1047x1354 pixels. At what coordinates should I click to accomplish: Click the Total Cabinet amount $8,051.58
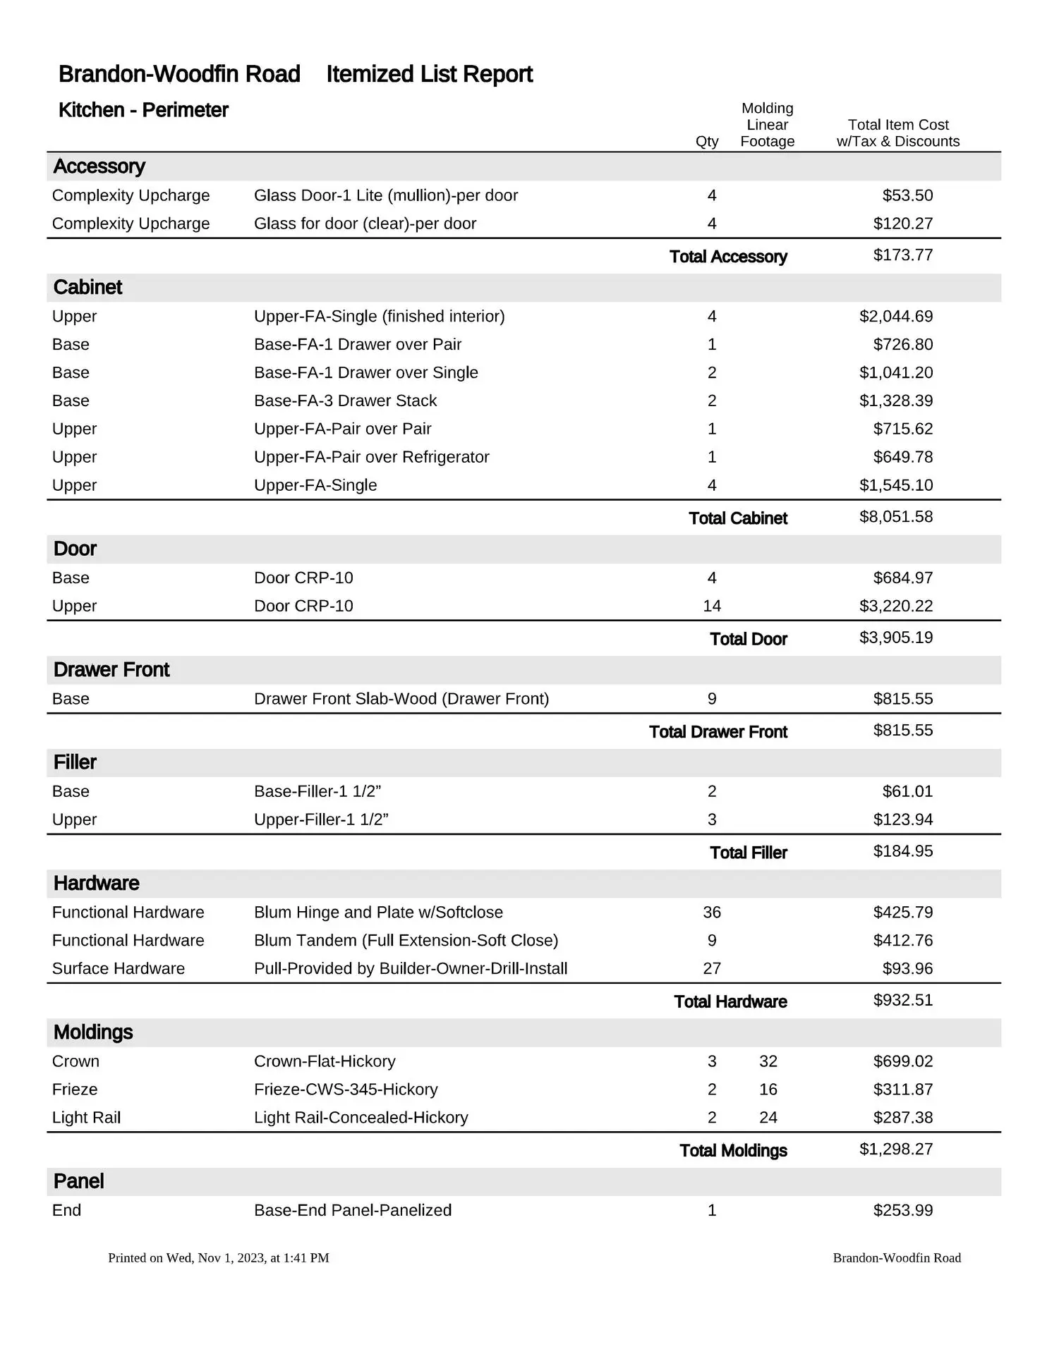895,517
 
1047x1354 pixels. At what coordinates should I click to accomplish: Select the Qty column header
707,141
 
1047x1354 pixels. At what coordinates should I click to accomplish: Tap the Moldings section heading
93,1032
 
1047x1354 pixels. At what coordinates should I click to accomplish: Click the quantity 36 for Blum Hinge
712,913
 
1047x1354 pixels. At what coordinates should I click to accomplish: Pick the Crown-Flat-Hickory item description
325,1061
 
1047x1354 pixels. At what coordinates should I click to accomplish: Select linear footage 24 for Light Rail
768,1118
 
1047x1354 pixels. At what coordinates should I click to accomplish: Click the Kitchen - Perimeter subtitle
143,110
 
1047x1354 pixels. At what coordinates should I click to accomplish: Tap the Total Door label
748,639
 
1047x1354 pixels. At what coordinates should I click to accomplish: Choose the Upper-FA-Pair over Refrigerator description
371,457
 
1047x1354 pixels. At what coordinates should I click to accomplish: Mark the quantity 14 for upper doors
712,606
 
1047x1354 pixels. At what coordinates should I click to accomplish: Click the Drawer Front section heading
111,670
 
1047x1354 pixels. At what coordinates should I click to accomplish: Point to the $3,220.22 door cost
895,606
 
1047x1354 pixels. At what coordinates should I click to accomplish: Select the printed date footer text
219,1258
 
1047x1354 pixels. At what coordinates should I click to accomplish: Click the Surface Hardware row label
119,969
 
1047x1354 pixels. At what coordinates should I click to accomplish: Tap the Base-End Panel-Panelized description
353,1210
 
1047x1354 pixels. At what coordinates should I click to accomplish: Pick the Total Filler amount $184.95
902,851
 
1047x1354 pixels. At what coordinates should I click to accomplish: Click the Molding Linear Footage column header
768,125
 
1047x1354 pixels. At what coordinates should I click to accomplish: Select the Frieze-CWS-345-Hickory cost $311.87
902,1090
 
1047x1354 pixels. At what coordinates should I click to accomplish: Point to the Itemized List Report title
429,74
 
